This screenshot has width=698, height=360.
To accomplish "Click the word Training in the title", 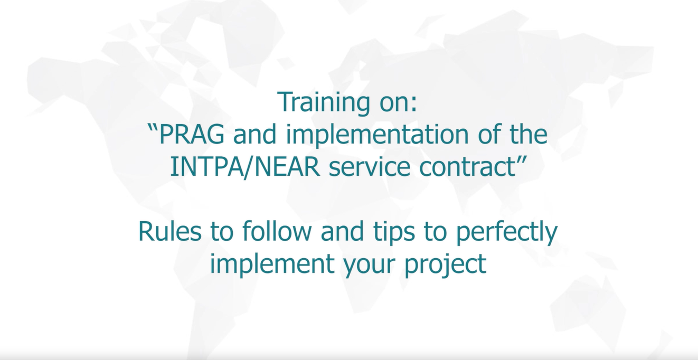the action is coord(324,102).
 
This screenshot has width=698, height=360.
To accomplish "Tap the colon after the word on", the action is coord(414,105).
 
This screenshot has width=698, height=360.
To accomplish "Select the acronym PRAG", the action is coord(192,135).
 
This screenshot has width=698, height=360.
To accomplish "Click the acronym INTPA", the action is coord(206,167).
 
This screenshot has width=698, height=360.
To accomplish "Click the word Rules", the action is coord(169,231).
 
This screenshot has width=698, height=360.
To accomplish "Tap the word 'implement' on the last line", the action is coord(270,265).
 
